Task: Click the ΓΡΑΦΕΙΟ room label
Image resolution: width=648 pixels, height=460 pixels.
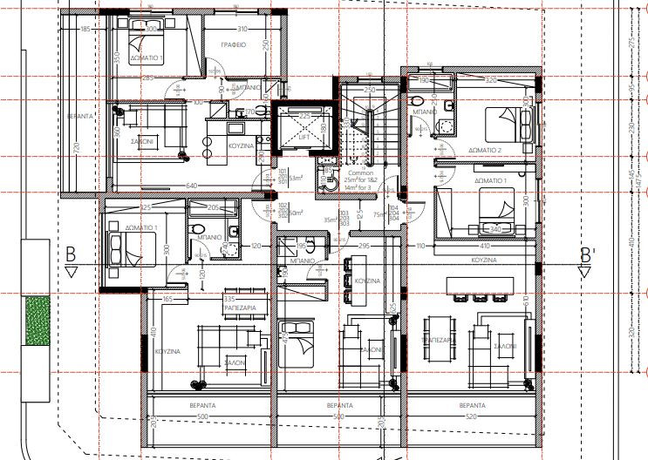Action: coord(231,44)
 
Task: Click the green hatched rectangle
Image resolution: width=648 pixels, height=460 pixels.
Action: coord(37,321)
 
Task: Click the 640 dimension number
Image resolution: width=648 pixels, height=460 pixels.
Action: coord(191,185)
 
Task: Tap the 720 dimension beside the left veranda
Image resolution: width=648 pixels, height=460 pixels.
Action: coord(77,149)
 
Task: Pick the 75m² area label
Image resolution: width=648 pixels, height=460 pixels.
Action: coord(379,213)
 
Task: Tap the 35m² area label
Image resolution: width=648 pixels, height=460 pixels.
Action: coord(330,220)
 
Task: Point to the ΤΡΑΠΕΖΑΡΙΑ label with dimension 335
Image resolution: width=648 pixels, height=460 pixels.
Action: coord(239,308)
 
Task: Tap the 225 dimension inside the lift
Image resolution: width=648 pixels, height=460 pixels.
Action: coord(304,115)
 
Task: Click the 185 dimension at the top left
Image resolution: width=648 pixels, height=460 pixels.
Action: coord(85,30)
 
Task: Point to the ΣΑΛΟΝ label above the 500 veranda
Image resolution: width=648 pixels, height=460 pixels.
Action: coord(234,360)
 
